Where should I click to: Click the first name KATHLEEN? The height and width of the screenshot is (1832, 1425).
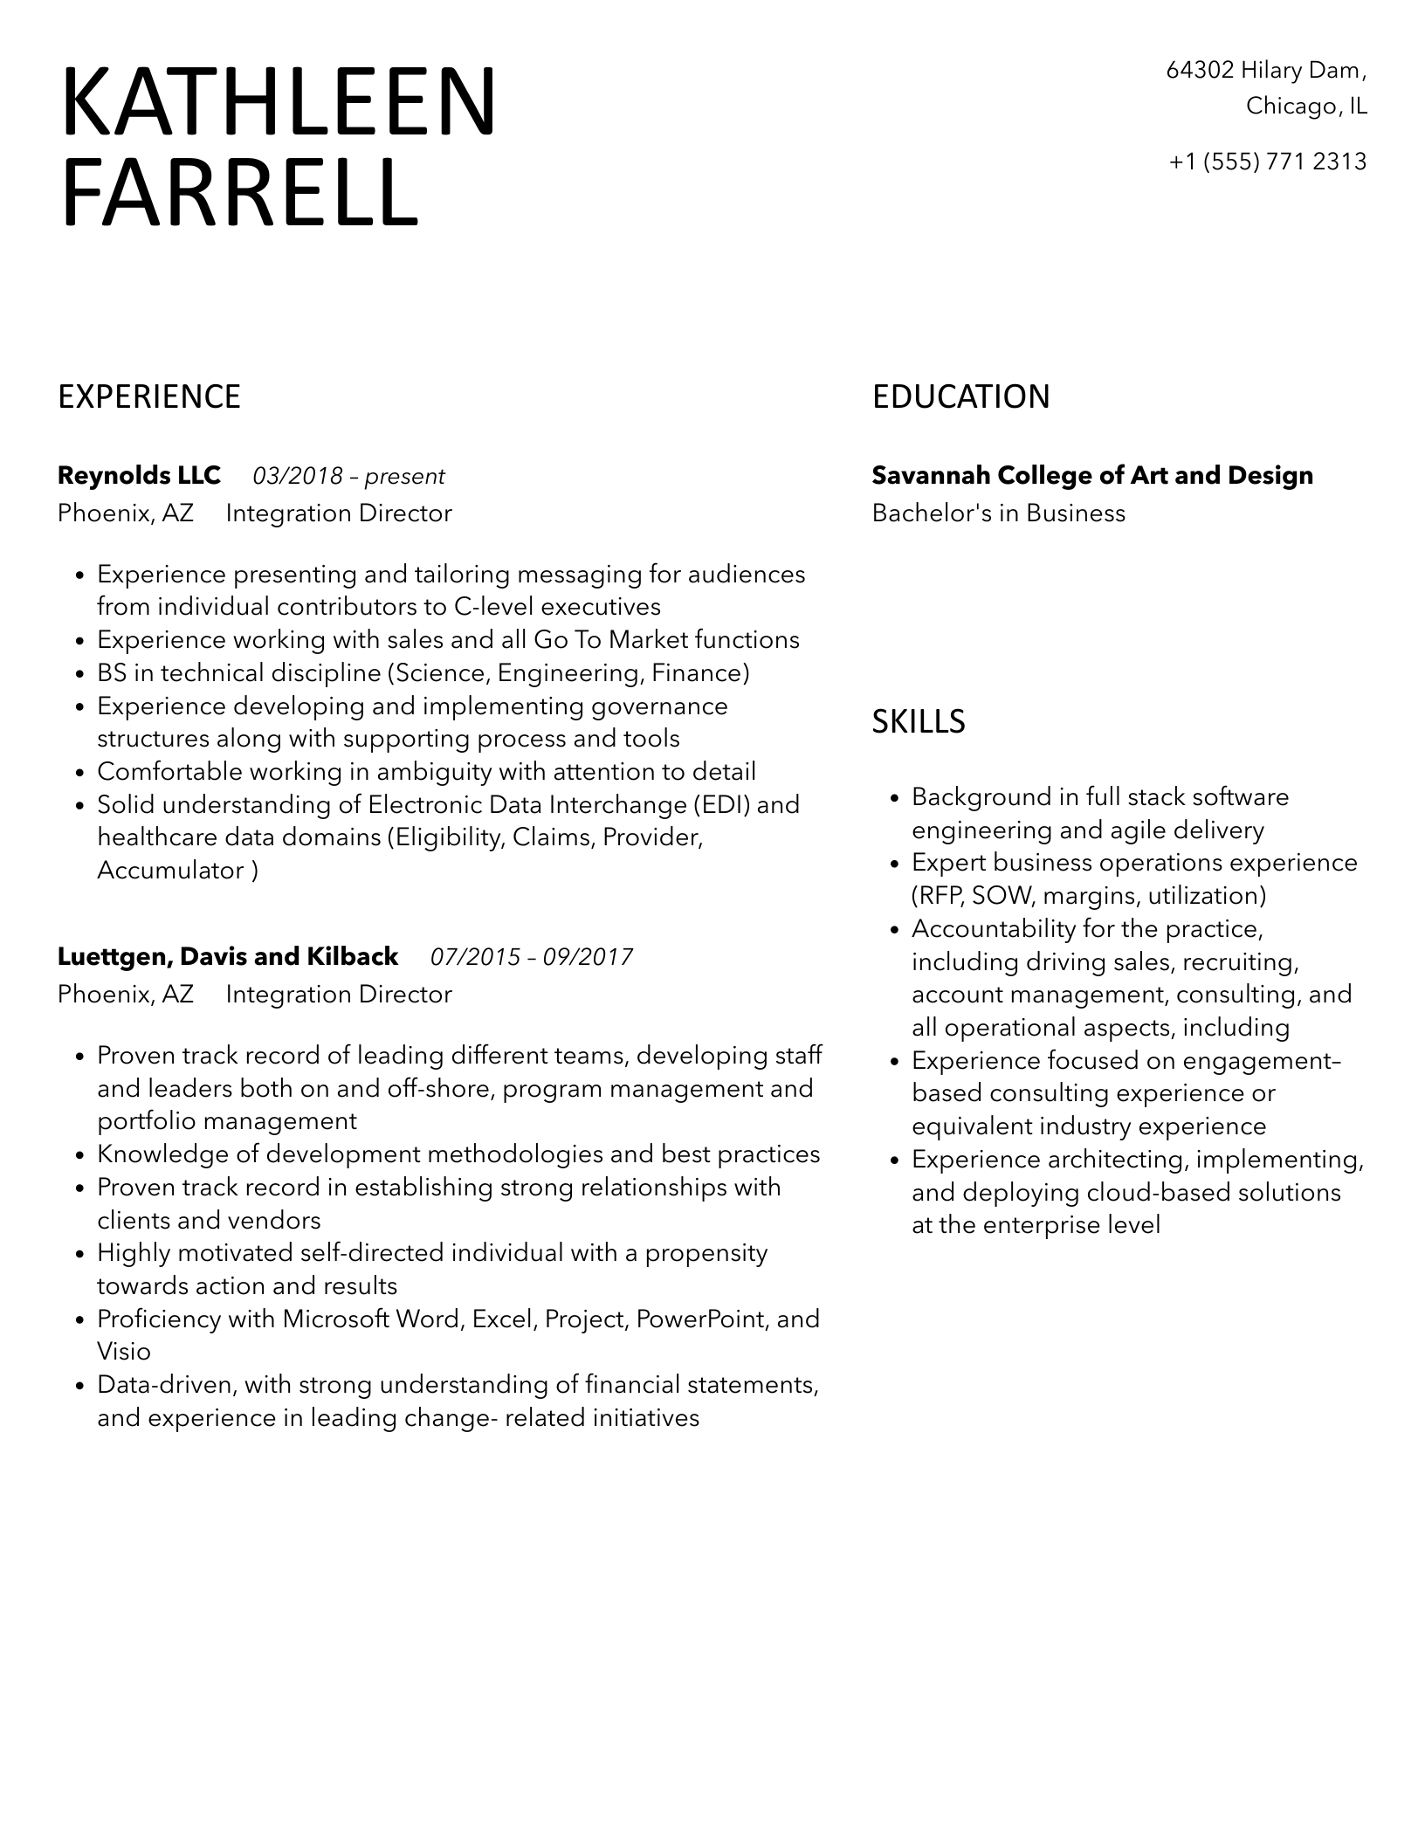coord(278,102)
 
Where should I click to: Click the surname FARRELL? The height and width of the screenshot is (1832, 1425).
coord(239,193)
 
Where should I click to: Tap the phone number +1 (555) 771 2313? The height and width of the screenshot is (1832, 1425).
coord(1267,162)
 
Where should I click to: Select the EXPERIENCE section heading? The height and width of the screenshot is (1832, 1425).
coord(148,397)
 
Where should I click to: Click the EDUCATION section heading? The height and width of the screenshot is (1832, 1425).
coord(960,397)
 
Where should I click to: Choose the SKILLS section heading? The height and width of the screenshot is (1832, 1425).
coord(919,722)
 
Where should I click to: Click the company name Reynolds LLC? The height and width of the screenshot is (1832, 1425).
coord(139,476)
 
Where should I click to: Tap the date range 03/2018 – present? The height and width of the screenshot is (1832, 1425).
coord(348,477)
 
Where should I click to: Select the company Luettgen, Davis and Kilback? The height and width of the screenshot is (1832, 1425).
coord(228,957)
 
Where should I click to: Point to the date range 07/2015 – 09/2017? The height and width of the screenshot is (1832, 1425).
coord(532,958)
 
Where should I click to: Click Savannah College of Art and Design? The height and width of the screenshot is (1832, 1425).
coord(1092,476)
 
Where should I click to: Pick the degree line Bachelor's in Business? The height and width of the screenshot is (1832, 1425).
coord(998,513)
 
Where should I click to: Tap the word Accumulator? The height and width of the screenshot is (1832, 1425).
coord(170,871)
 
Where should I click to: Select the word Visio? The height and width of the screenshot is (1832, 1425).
coord(124,1352)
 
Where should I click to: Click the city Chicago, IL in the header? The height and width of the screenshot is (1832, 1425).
coord(1306,107)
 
